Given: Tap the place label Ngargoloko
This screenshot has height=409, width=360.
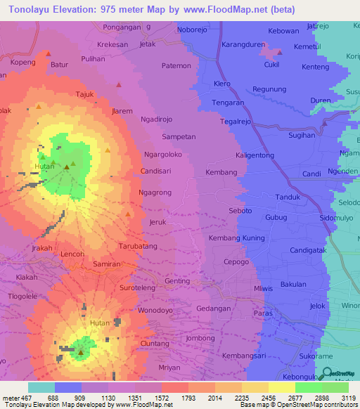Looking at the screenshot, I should click(162, 154).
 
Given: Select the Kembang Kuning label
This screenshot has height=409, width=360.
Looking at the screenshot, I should click(237, 238).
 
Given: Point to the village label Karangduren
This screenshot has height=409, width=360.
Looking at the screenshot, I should click(243, 44).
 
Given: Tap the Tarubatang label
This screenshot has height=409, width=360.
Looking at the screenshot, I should click(137, 247).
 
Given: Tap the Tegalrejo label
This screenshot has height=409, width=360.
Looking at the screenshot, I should click(236, 121).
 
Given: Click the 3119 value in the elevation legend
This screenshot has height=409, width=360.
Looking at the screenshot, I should click(349, 398).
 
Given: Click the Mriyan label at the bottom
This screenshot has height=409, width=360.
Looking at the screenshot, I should click(169, 368).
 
